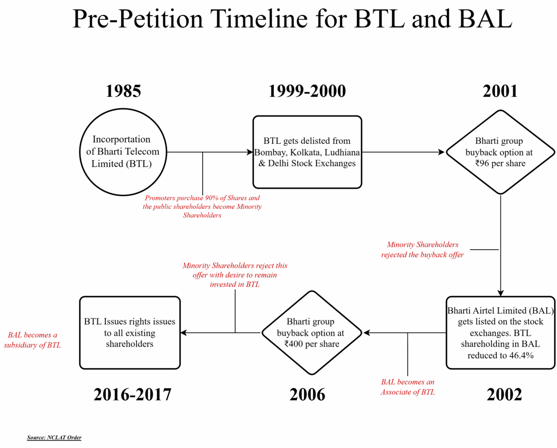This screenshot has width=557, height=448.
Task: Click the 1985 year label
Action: point(123,91)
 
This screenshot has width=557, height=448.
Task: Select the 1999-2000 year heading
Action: point(307,91)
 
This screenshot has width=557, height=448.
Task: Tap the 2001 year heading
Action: point(500,91)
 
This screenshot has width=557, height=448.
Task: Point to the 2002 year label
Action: point(504,395)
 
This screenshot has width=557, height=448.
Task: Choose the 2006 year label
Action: point(307,395)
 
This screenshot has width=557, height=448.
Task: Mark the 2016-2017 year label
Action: point(132,395)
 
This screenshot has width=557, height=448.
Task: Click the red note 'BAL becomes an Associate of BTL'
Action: point(408,387)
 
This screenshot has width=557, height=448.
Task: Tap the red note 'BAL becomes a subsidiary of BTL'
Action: point(32,340)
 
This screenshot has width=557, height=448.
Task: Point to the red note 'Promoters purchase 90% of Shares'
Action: point(202,207)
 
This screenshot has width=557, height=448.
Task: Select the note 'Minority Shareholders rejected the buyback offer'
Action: point(422,249)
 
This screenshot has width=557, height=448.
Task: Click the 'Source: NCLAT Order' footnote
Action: point(54,437)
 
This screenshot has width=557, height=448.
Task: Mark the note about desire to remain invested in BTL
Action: point(235,275)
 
